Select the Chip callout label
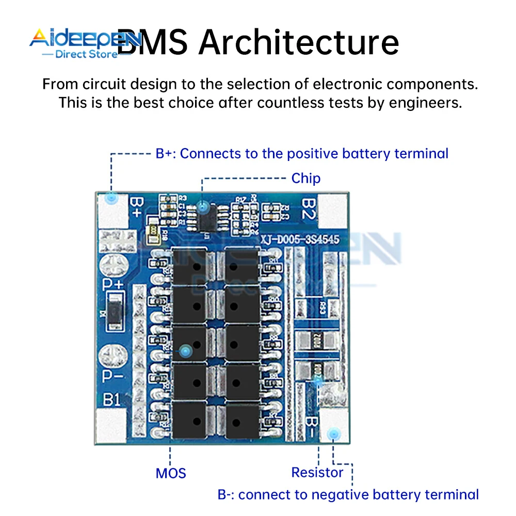(x=306, y=179)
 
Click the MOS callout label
(x=170, y=473)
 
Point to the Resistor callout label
(x=317, y=472)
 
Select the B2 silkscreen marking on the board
(x=308, y=208)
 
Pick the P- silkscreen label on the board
(x=113, y=376)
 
